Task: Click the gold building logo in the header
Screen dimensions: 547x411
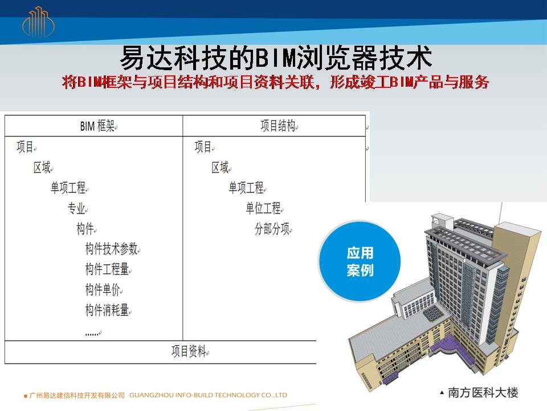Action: (x=38, y=22)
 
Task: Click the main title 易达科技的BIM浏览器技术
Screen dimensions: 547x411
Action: (x=276, y=58)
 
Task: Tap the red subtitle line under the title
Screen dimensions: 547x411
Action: (x=276, y=82)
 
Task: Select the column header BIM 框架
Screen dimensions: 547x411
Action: (x=97, y=126)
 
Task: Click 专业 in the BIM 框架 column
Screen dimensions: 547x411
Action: (x=76, y=208)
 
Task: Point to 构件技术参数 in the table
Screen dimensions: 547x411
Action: (x=111, y=249)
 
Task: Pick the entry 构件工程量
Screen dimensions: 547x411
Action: (x=107, y=269)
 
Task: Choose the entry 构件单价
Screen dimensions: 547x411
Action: (x=103, y=289)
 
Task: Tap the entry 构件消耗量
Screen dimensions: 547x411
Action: (x=107, y=310)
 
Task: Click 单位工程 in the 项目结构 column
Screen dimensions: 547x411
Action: (x=263, y=208)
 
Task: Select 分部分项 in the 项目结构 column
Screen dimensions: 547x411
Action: (x=272, y=229)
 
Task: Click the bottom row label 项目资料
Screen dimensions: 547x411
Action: (x=189, y=351)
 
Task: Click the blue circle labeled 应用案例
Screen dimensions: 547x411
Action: (x=360, y=261)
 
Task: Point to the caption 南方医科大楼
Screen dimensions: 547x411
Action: (x=483, y=393)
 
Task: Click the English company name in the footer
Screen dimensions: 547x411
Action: (x=209, y=395)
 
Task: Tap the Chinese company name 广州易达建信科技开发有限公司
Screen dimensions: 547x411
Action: (x=77, y=395)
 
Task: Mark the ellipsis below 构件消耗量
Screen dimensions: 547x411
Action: (x=92, y=334)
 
